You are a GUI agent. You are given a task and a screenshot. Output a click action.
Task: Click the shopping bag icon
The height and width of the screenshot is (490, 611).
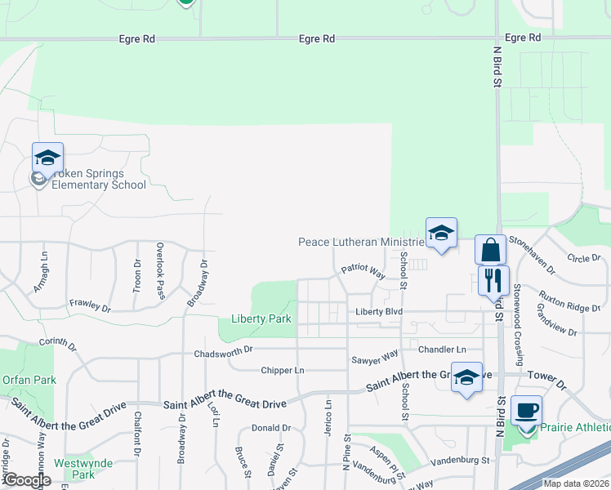click(x=490, y=249)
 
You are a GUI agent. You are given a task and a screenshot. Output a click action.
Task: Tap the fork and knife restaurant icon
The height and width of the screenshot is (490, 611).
click(x=493, y=281)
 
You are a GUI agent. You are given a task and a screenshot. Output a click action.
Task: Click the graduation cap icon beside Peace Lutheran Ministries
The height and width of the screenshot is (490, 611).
click(x=441, y=234)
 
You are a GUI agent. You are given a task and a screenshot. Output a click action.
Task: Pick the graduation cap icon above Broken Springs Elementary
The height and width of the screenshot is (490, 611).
click(x=47, y=158)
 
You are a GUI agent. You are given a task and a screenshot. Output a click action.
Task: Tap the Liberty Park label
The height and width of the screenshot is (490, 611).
click(x=261, y=318)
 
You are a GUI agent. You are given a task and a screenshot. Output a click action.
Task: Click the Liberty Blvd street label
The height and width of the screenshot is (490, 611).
click(x=379, y=312)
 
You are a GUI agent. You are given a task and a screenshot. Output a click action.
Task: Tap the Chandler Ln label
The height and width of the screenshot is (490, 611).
click(x=442, y=350)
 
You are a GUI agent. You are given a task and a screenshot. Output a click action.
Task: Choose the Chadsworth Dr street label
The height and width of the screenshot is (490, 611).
click(x=225, y=353)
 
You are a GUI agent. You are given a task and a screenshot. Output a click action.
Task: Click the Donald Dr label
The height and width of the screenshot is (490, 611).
click(x=270, y=428)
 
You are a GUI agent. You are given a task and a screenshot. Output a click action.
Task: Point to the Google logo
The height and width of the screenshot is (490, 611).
click(x=26, y=480)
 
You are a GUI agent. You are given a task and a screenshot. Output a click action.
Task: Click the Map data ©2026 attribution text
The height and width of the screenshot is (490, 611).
click(x=576, y=483)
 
